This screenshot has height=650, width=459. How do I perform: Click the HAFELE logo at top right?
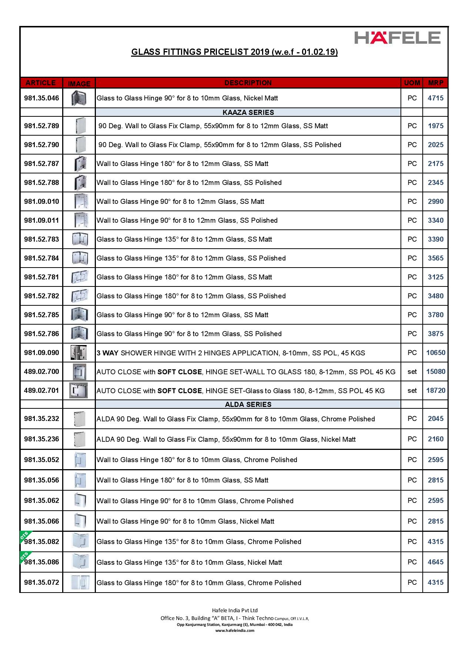[398, 37]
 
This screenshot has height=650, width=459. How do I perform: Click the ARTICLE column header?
[41, 83]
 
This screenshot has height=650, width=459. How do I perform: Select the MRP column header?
[435, 83]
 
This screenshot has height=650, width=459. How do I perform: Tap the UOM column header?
[412, 83]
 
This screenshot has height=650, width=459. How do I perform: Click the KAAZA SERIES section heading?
[248, 112]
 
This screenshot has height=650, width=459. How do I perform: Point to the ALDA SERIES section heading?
[248, 404]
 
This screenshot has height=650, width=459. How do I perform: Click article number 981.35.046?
[41, 98]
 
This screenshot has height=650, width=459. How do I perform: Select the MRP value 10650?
[436, 353]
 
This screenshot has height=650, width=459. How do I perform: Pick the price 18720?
[436, 391]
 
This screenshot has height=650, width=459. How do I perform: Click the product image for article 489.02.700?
[79, 372]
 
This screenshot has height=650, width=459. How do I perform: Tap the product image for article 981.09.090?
[79, 353]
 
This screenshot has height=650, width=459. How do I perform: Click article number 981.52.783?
[41, 239]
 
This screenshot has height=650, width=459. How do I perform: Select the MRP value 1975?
[436, 126]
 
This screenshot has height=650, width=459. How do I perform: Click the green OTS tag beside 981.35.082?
[24, 536]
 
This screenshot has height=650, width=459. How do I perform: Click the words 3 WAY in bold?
[107, 353]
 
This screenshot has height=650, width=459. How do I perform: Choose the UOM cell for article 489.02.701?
[412, 391]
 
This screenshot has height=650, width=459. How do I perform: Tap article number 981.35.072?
[41, 583]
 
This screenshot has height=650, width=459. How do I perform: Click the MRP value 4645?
[436, 562]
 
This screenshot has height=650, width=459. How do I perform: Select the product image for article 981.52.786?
[79, 334]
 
